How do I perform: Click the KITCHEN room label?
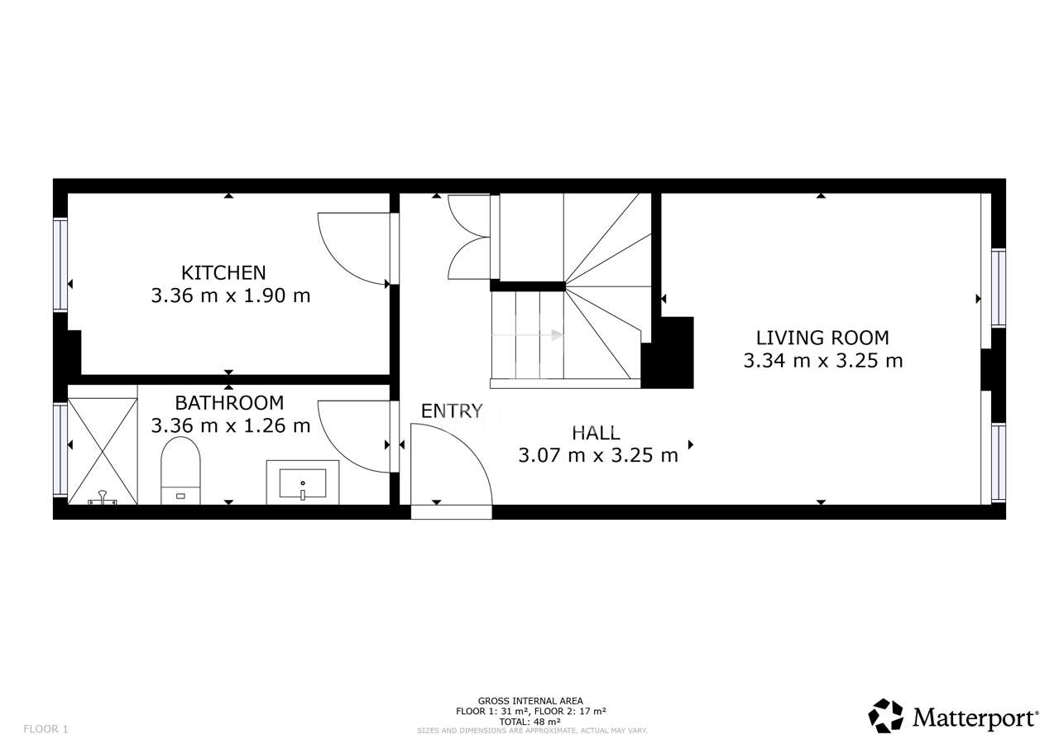(x=223, y=273)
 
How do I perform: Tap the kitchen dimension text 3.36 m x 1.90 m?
(x=231, y=295)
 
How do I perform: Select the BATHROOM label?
(x=229, y=403)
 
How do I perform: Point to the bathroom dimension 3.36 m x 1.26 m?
(x=231, y=425)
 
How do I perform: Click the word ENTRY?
(x=452, y=411)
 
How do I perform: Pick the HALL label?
(x=596, y=433)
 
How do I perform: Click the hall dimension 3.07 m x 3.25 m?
(x=598, y=455)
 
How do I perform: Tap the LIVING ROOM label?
(x=822, y=338)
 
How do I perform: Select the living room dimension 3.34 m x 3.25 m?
(x=823, y=361)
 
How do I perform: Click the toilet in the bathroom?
(x=180, y=470)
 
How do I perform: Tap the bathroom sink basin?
(x=303, y=483)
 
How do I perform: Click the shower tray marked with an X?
(x=103, y=451)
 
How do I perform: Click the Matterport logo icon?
(x=886, y=717)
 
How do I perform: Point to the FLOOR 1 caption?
(x=46, y=729)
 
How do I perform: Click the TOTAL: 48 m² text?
(x=530, y=722)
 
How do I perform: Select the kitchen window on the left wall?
(x=60, y=265)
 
